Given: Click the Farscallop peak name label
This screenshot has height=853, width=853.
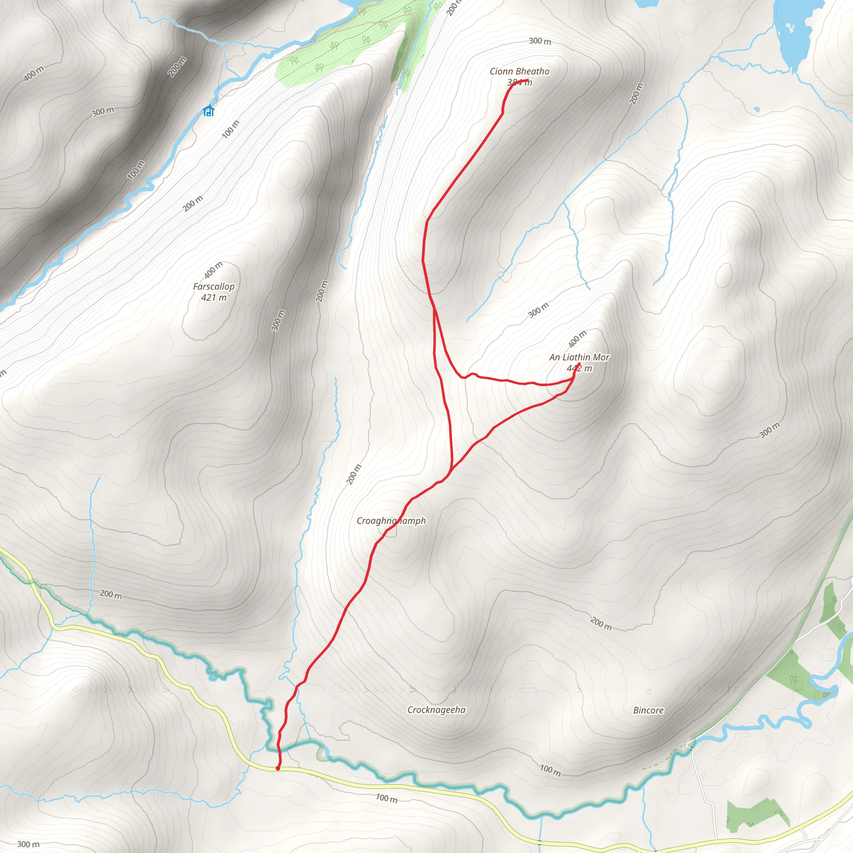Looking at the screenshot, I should click(x=214, y=287).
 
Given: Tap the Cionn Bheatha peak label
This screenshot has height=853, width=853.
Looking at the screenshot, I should click(x=520, y=72).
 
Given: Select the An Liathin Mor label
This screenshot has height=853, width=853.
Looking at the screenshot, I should click(x=579, y=357).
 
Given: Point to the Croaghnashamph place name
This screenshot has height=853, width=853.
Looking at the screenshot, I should click(x=391, y=521).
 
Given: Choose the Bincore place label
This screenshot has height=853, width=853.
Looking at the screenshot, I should click(x=648, y=711).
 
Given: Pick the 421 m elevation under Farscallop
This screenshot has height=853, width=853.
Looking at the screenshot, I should click(x=214, y=297).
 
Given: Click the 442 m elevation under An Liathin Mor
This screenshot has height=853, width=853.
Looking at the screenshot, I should click(x=579, y=368).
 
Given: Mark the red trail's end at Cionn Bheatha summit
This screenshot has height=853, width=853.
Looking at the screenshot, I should click(x=527, y=80).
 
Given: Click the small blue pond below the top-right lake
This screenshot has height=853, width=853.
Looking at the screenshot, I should click(x=757, y=110).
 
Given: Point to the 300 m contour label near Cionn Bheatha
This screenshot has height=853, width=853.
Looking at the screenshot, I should click(x=540, y=41).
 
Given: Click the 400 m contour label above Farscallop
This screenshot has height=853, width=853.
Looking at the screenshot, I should click(x=213, y=270).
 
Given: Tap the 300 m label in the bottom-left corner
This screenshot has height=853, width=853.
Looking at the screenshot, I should click(x=28, y=844).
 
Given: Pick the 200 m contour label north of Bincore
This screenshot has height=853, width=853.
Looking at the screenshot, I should click(x=601, y=624).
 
